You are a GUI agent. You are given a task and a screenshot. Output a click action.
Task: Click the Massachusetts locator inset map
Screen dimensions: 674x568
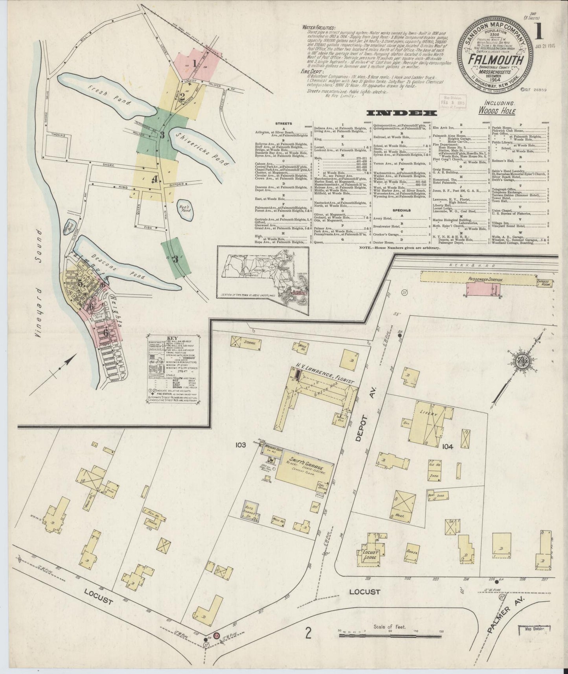(x=263, y=281)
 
